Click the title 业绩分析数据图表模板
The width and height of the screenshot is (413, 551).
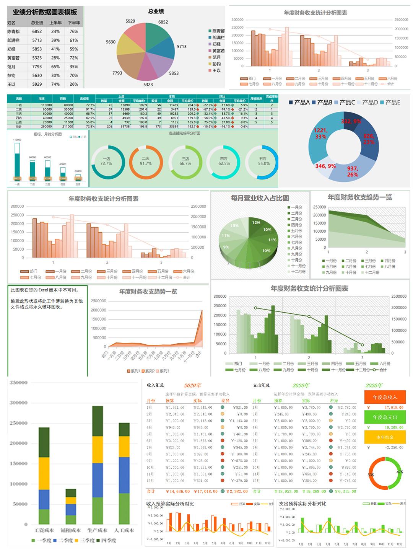point(45,12)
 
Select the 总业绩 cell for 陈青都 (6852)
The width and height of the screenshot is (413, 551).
point(37,32)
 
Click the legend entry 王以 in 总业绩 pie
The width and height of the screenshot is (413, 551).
point(216,71)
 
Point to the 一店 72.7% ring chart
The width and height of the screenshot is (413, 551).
point(106,161)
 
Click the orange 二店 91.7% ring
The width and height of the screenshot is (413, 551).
point(146,161)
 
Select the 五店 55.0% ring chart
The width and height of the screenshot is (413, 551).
point(263,161)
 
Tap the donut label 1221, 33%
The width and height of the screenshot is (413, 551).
point(320,134)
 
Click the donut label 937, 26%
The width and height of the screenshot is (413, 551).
point(352,171)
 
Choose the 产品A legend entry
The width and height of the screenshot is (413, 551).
point(299,103)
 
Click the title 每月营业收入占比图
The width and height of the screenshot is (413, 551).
point(260,198)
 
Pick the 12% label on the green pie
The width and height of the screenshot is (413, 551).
point(256,222)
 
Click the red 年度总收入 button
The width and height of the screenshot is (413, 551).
point(385,397)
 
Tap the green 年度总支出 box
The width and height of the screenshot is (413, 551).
point(385,417)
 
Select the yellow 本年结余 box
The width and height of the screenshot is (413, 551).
point(385,437)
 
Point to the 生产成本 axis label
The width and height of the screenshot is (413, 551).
point(97,530)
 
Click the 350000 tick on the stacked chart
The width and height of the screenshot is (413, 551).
point(18,382)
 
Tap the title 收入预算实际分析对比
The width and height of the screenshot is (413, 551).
point(170,504)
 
